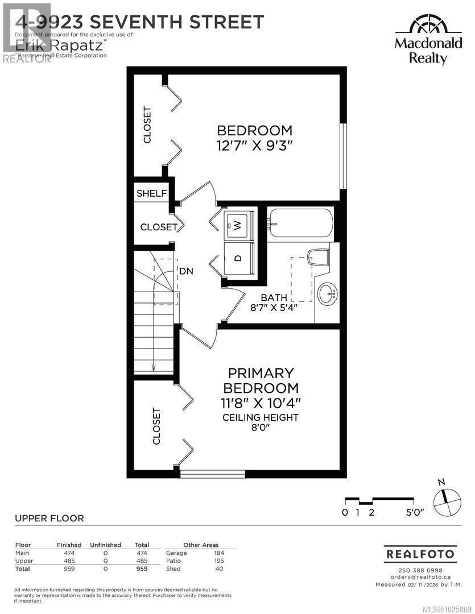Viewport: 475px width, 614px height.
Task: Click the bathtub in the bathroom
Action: [300, 224]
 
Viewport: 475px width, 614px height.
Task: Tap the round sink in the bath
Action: [327, 294]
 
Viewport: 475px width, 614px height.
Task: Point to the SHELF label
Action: [151, 193]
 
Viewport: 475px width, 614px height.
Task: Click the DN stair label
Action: [186, 271]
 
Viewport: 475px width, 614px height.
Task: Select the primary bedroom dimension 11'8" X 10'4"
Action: [261, 403]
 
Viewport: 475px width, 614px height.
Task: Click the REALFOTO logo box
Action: [421, 553]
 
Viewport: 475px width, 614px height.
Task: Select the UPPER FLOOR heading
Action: [49, 518]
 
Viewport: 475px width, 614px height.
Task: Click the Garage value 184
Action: [219, 553]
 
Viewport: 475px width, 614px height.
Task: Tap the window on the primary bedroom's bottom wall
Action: [213, 473]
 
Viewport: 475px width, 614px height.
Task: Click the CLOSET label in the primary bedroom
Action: [156, 426]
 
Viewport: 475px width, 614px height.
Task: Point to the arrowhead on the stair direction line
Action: [154, 368]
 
